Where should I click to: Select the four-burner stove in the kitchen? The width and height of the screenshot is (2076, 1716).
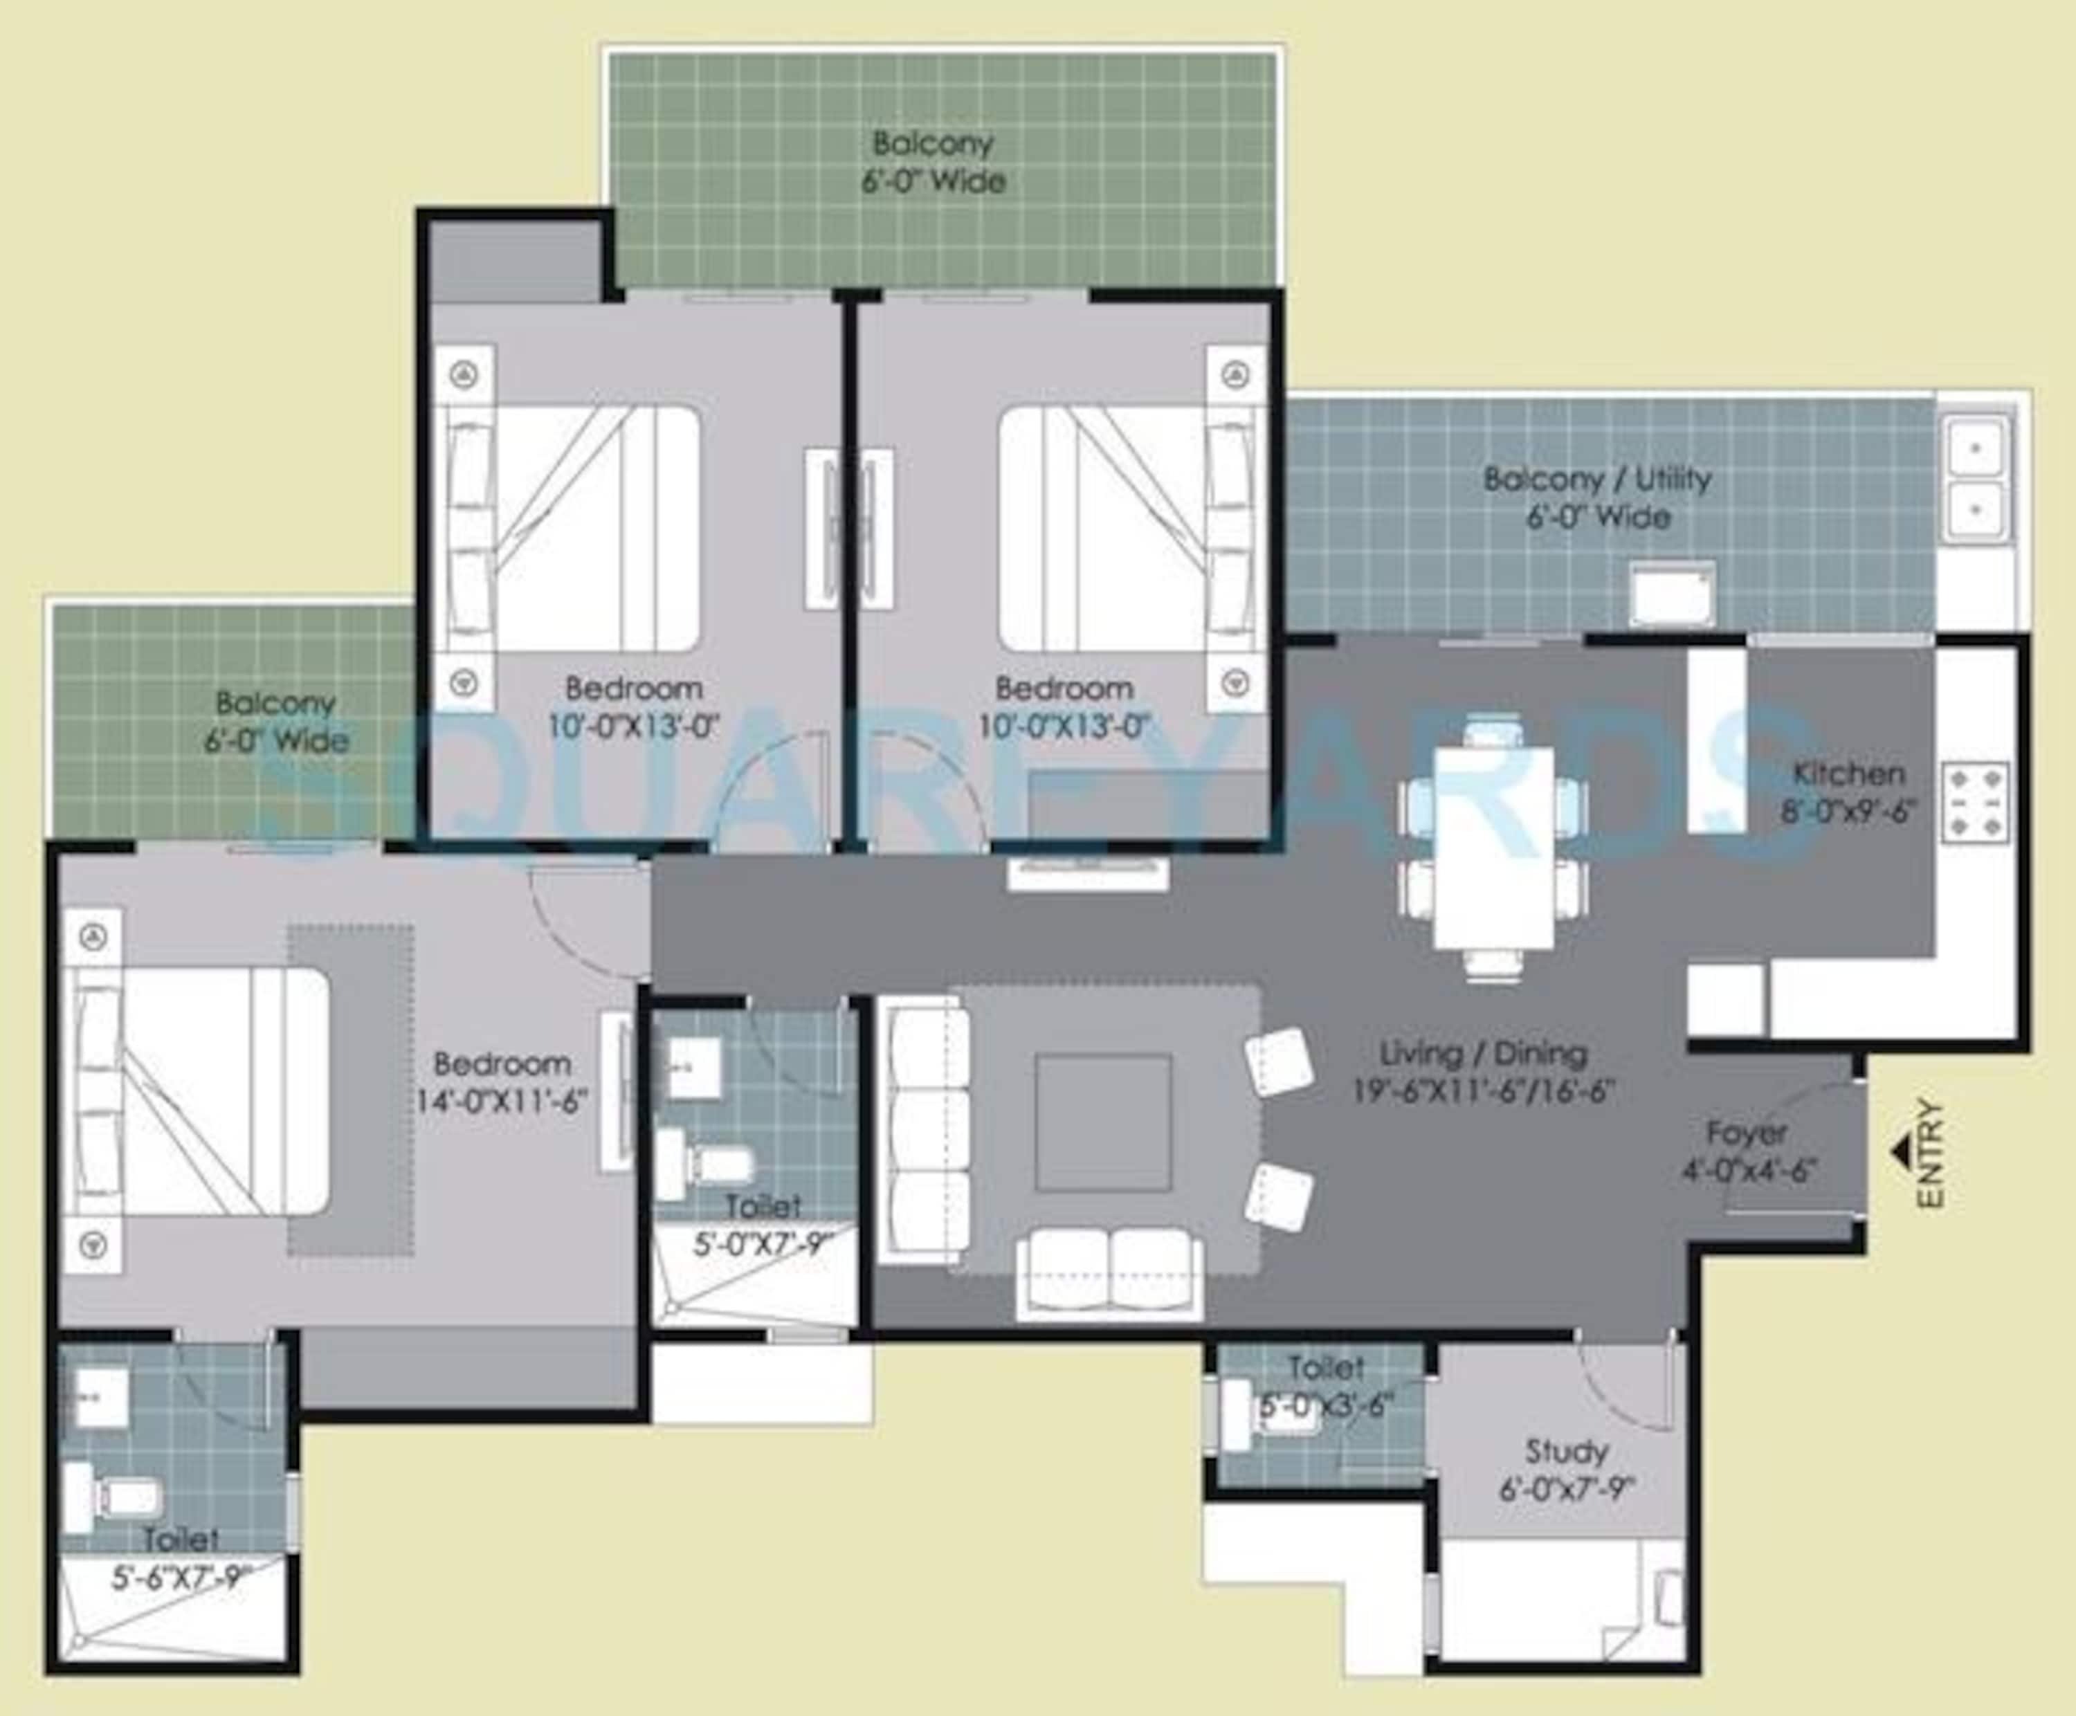(x=1975, y=802)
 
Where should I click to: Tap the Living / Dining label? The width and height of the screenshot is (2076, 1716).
(x=1483, y=1054)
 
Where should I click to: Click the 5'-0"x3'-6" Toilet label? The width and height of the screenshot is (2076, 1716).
(x=1326, y=1404)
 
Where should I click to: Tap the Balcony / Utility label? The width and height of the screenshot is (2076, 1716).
(x=1596, y=480)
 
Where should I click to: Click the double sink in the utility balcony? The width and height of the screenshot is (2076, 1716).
(x=1975, y=480)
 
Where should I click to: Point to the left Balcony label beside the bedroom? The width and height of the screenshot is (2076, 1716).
(x=276, y=704)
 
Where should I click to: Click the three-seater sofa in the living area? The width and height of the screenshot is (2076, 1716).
(x=923, y=1130)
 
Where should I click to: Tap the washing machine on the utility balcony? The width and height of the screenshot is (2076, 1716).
(x=1673, y=594)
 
